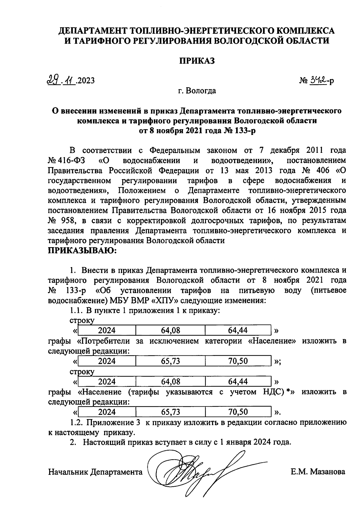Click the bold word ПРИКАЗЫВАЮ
[82, 251]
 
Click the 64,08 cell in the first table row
[170, 330]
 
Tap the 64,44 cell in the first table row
[238, 330]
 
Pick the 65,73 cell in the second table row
[170, 361]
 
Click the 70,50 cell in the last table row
[238, 412]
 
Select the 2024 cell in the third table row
[107, 381]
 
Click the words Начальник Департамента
[95, 472]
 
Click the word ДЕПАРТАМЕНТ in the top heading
[93, 31]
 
